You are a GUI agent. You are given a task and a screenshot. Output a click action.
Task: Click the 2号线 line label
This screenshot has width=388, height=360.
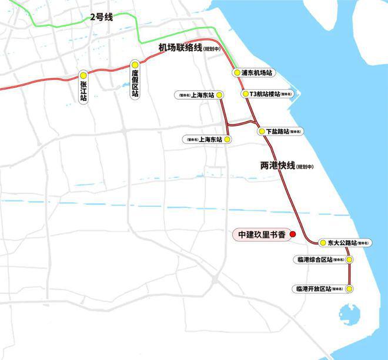coord(101,18)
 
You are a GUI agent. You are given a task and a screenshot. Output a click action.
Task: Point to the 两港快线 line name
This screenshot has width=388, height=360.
coord(277,166)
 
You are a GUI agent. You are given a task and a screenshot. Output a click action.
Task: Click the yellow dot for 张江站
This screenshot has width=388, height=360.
coord(83,75)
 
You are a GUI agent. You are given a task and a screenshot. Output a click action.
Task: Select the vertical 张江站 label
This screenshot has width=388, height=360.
coord(83,92)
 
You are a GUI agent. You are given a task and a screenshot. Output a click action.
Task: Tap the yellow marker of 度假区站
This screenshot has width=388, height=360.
coord(135,65)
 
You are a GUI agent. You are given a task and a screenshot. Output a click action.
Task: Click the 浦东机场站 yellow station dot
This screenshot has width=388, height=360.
coord(236,73)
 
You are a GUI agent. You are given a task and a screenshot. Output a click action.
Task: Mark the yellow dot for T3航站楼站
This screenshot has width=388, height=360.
coord(245,93)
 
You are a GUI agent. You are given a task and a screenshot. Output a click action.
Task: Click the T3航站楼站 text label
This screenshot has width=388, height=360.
coord(265,93)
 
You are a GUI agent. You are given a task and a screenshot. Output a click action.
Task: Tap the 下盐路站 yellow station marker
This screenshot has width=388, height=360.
coord(262,132)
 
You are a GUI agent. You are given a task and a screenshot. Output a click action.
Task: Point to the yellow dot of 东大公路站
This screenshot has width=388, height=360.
coord(323,243)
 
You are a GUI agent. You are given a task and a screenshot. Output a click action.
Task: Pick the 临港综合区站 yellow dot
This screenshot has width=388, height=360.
coord(347,260)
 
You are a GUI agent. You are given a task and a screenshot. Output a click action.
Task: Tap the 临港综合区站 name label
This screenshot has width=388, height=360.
coord(315,260)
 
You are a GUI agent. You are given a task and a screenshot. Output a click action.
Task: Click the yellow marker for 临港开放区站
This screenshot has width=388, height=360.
coord(349,289)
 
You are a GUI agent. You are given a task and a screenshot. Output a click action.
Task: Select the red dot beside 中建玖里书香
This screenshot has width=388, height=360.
coord(293,234)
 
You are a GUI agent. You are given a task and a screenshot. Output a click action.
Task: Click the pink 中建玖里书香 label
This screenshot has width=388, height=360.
coord(261,235)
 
